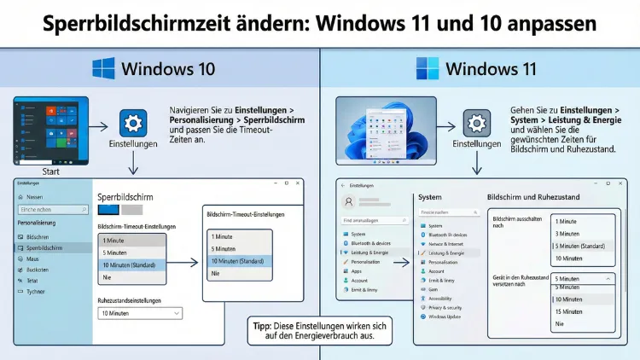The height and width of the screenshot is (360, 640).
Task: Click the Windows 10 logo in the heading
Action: pyautogui.click(x=104, y=69)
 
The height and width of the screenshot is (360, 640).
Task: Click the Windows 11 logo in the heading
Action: pyautogui.click(x=428, y=69)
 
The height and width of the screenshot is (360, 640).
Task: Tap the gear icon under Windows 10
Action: pyautogui.click(x=132, y=124)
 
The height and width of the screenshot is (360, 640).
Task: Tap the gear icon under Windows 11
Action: pyautogui.click(x=476, y=124)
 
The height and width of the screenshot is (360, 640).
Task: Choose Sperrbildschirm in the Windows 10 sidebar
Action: pyautogui.click(x=44, y=247)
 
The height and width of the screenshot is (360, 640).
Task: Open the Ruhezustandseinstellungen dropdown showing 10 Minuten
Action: pyautogui.click(x=141, y=313)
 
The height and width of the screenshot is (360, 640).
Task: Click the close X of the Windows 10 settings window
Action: pyautogui.click(x=294, y=183)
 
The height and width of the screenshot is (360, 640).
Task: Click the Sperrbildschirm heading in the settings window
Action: pyautogui.click(x=125, y=197)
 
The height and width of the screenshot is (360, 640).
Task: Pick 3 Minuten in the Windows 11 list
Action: pyautogui.click(x=568, y=233)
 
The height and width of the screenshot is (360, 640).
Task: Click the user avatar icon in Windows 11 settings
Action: pyautogui.click(x=348, y=202)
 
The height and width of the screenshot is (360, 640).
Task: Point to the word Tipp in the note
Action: pyautogui.click(x=263, y=326)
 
